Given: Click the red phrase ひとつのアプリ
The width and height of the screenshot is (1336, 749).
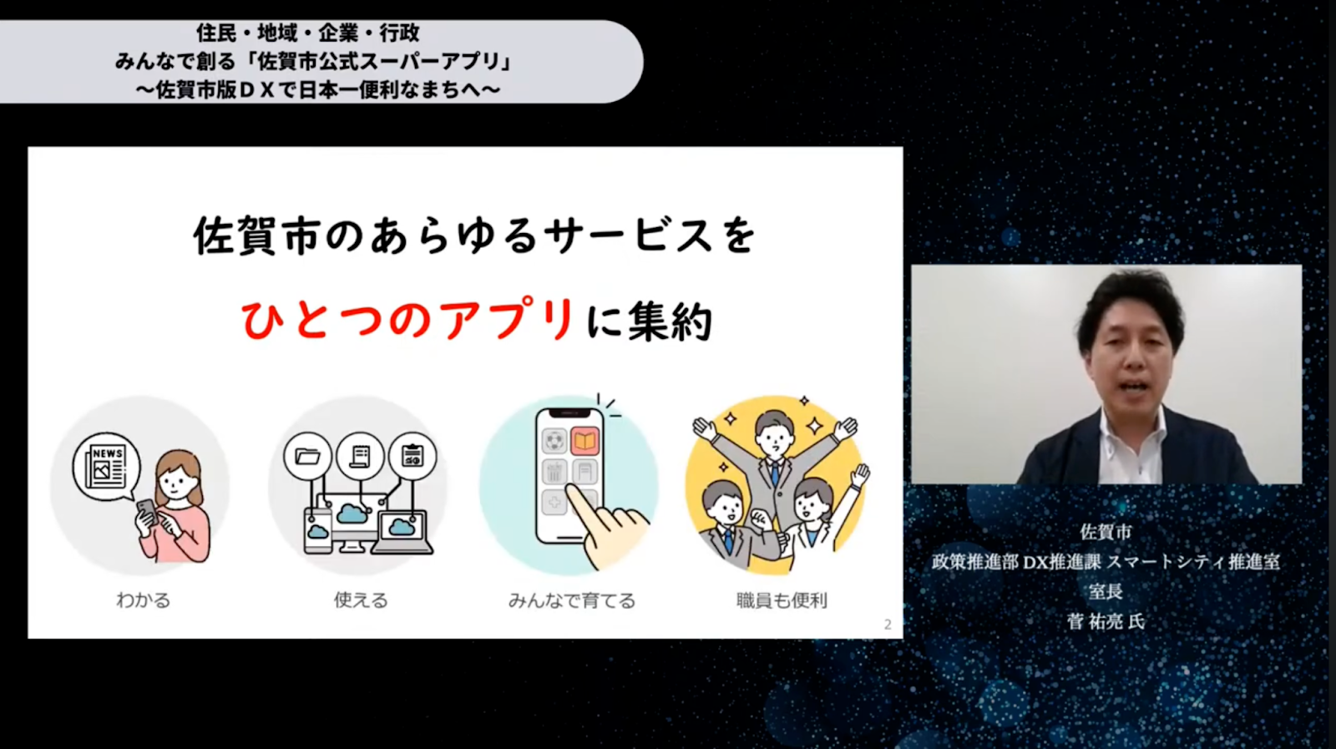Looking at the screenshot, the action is (x=408, y=321).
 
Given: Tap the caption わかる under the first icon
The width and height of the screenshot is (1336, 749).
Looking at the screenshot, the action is (x=143, y=600).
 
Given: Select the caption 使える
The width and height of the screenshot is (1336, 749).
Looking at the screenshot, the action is (x=360, y=600).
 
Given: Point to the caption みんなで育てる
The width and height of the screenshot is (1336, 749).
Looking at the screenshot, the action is (x=572, y=600).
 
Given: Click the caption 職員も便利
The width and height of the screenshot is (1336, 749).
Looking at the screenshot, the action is (x=782, y=600).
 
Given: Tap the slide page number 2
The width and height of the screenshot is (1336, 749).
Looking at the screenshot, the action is (x=888, y=625).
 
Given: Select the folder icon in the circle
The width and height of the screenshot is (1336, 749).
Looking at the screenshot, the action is (x=307, y=456).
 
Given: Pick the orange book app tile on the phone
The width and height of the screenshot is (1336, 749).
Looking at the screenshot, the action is (x=584, y=441).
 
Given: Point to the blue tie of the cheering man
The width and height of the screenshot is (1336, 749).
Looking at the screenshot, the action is (x=775, y=473).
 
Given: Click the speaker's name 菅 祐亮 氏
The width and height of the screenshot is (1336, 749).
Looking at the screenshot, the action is (x=1106, y=622).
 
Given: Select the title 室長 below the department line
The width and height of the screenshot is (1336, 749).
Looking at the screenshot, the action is (x=1106, y=591).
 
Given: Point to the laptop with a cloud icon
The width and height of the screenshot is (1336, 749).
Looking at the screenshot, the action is (x=402, y=533).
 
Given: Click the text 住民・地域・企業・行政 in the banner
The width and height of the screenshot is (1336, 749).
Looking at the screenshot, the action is (x=308, y=33).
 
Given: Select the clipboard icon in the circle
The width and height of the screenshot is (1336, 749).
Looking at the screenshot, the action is (x=412, y=456).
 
